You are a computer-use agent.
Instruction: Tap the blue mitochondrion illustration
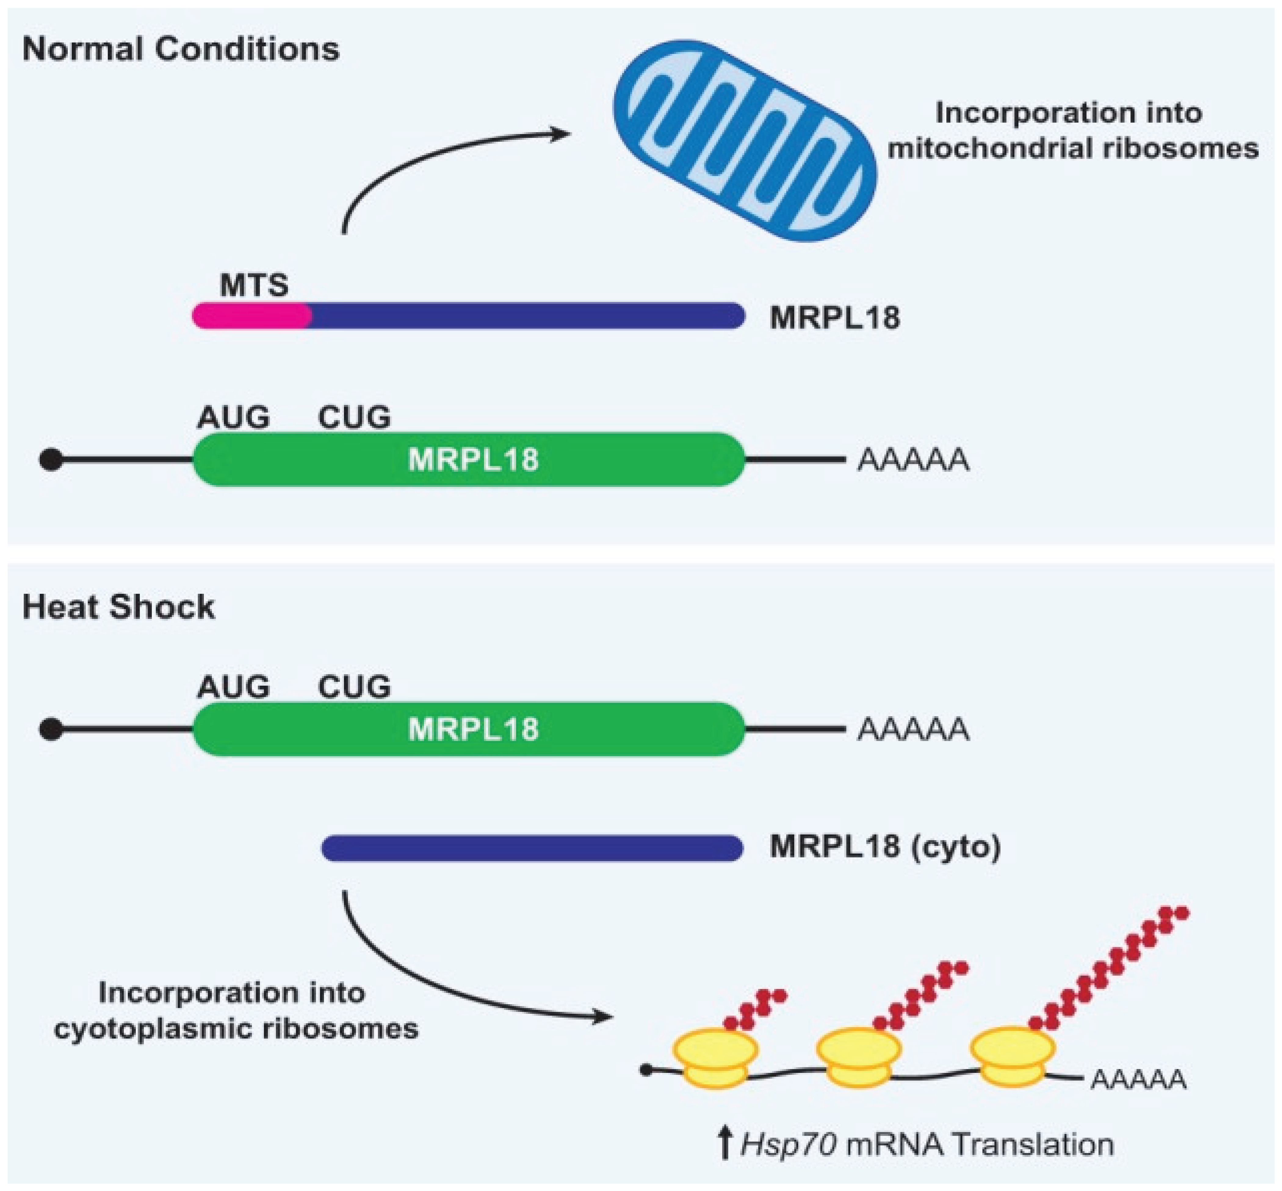pos(744,140)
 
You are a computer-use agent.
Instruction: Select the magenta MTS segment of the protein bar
pos(251,316)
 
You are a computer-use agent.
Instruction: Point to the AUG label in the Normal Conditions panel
pos(233,418)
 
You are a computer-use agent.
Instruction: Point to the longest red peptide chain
pos(1109,967)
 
